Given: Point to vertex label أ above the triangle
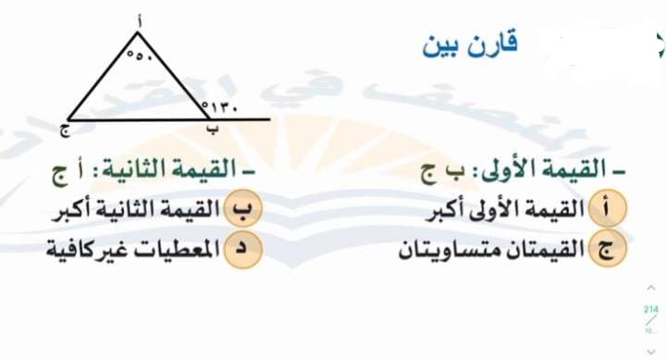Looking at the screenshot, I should click(138, 19).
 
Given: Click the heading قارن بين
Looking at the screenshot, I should click(469, 43).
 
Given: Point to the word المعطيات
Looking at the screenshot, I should click(180, 251).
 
